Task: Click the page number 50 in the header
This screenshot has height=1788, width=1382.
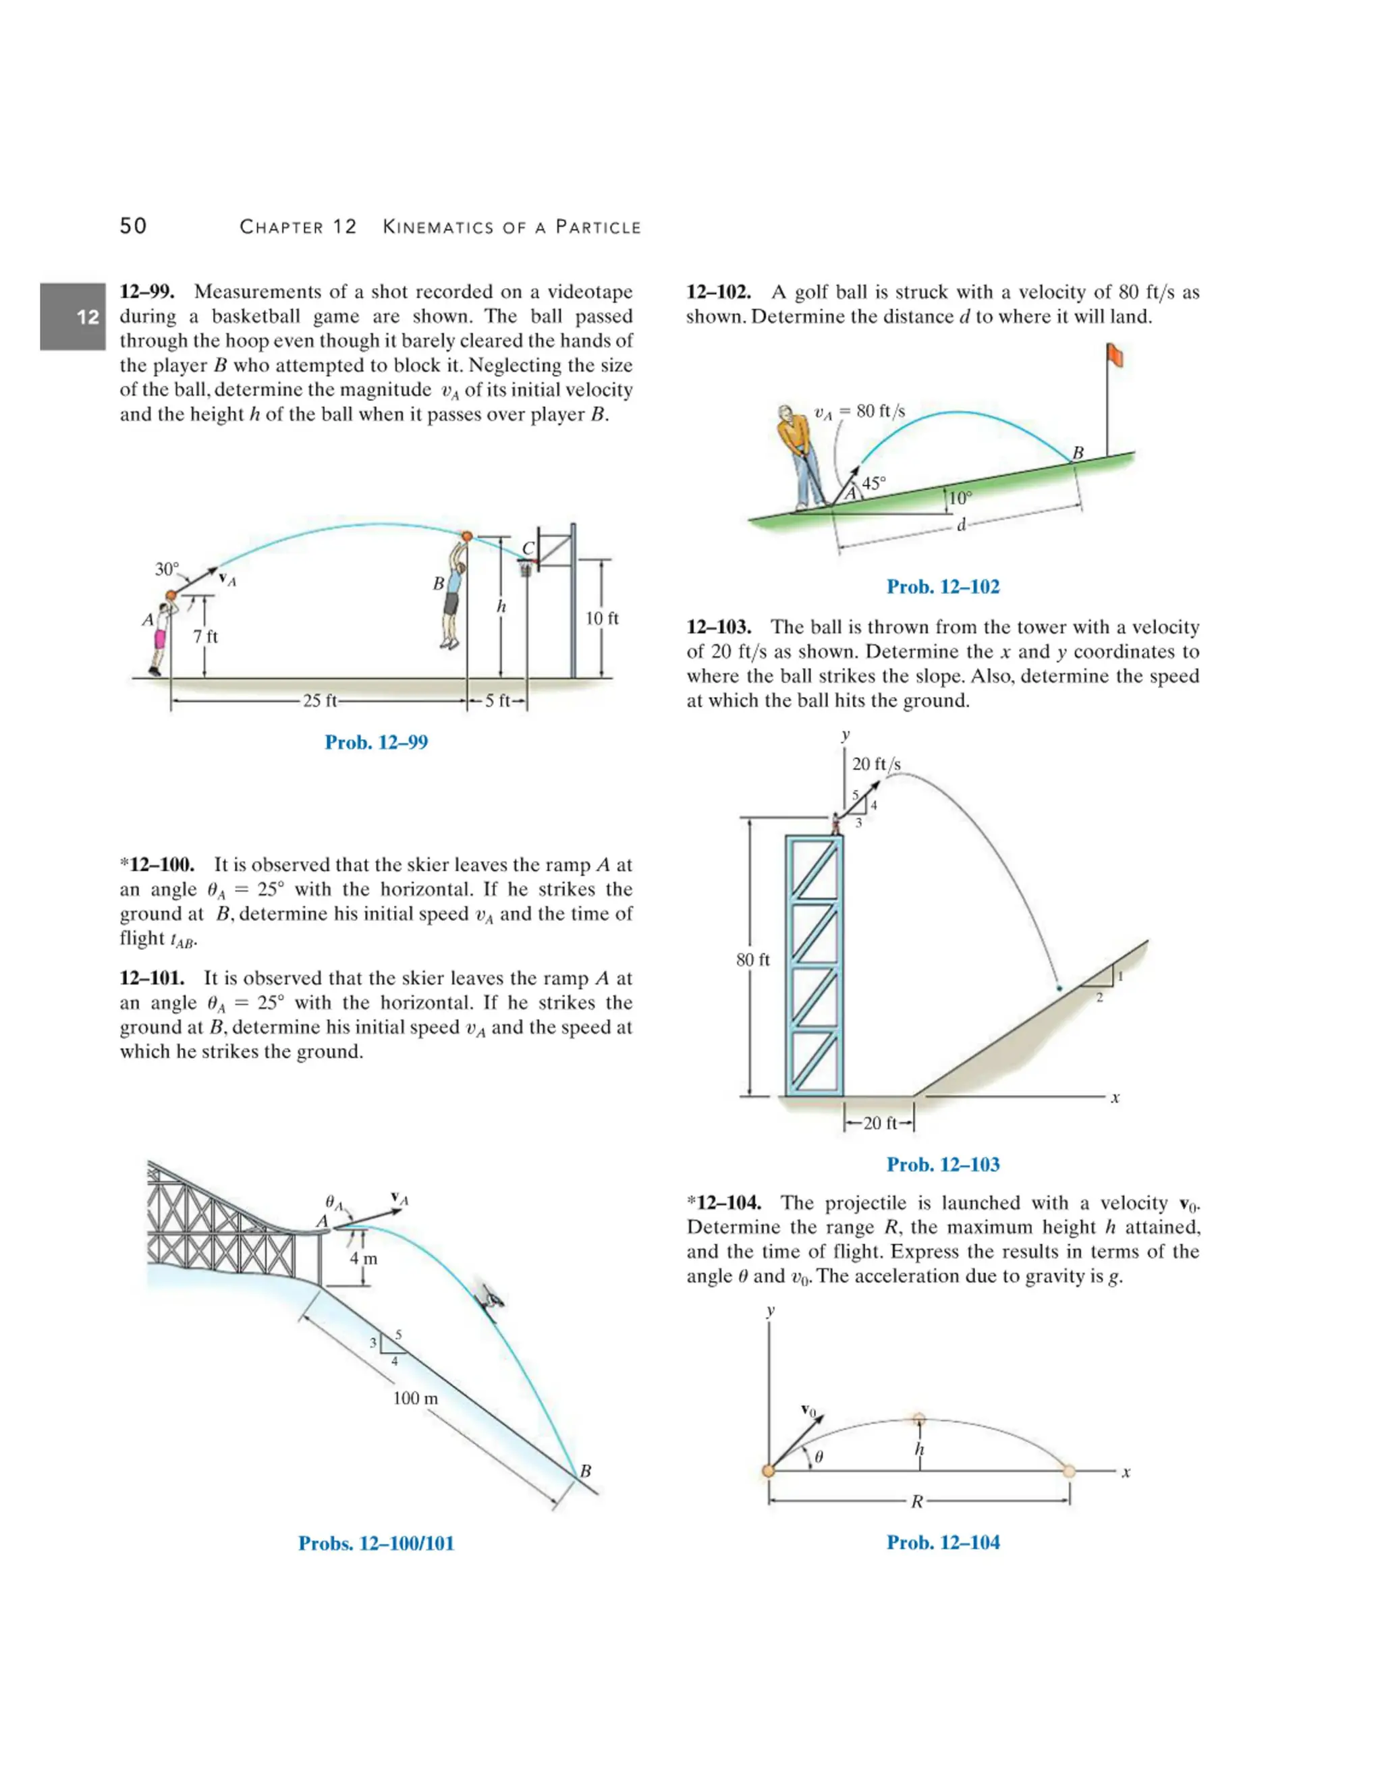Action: click(134, 226)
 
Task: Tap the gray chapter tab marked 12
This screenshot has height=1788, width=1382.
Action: click(73, 317)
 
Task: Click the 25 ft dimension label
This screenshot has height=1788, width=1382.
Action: click(319, 701)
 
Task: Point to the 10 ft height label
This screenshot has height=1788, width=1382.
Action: click(602, 618)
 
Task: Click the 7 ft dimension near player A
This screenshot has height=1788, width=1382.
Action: click(206, 636)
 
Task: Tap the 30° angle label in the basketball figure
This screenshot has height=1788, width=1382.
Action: click(167, 569)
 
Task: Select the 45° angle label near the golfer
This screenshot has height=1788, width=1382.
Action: click(874, 483)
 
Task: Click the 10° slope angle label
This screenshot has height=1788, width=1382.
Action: click(960, 498)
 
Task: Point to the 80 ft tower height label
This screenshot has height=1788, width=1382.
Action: click(752, 959)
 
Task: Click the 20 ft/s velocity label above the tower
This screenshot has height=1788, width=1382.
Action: click(876, 764)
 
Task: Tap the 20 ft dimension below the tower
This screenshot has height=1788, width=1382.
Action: click(880, 1123)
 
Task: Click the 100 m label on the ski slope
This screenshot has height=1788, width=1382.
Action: click(415, 1398)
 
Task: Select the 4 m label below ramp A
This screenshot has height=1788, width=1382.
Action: click(364, 1258)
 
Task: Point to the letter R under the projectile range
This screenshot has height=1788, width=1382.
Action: click(917, 1501)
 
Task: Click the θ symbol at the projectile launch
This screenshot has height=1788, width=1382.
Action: click(819, 1457)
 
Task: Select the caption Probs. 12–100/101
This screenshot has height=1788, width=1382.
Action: click(376, 1543)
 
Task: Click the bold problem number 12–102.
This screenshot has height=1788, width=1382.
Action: click(718, 292)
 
